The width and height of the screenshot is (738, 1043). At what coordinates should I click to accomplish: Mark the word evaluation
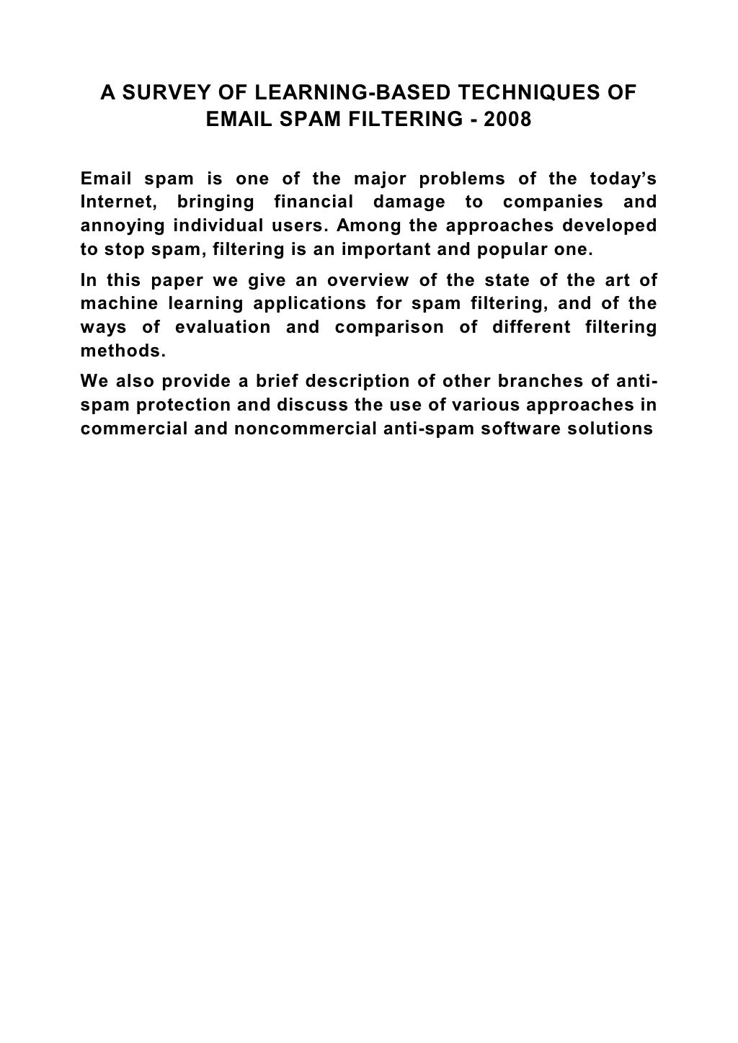point(223,328)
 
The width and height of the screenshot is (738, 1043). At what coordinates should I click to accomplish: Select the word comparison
point(389,328)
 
